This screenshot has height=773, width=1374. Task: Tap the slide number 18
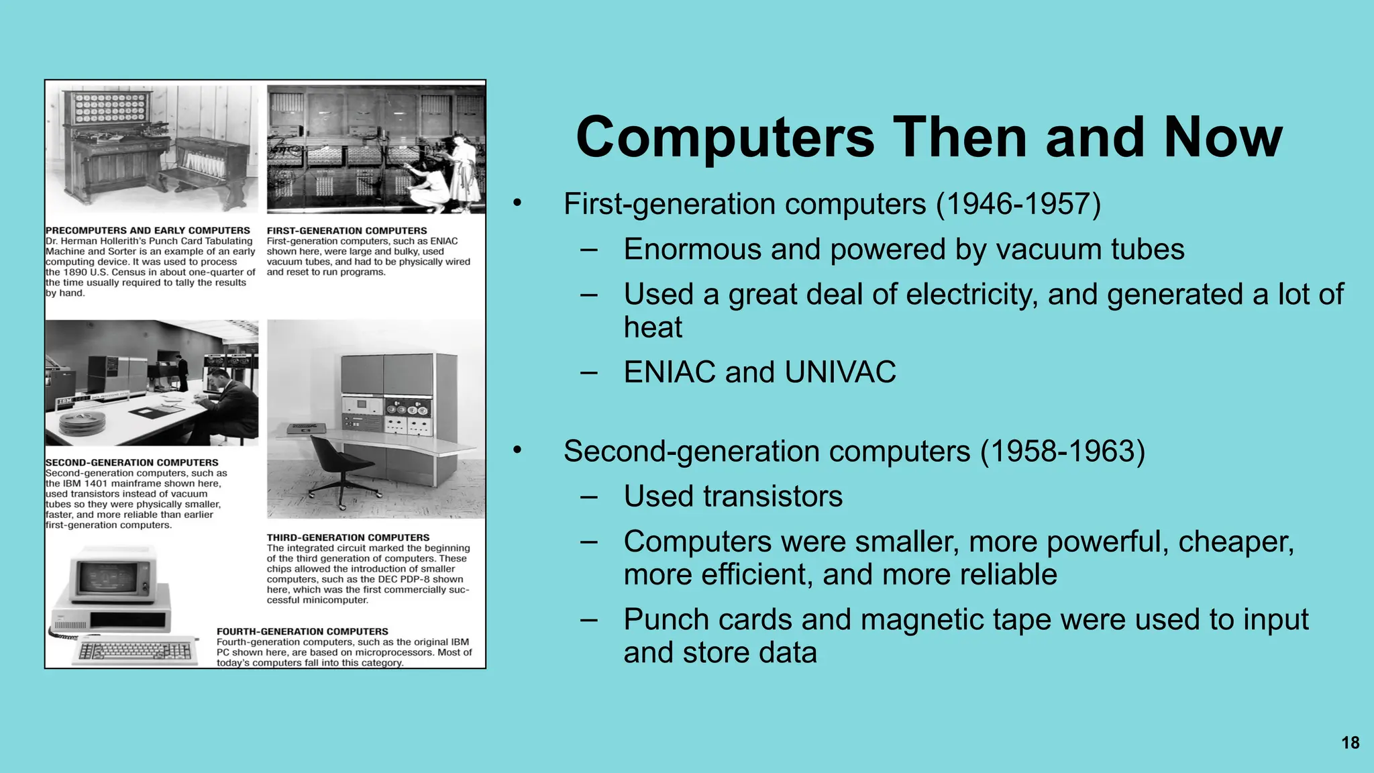point(1350,743)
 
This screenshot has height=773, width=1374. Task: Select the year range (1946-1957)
point(1018,204)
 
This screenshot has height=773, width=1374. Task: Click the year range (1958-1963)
point(1063,451)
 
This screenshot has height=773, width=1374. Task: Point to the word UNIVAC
point(840,372)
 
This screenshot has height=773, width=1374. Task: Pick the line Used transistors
point(733,497)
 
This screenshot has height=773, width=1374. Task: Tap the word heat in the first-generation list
point(653,327)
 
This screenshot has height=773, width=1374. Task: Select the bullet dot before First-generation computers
point(517,203)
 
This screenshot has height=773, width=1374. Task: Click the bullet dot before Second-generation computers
point(517,450)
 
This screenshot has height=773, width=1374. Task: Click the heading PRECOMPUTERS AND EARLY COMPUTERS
point(148,230)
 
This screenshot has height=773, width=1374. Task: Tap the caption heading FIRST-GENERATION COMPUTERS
point(347,230)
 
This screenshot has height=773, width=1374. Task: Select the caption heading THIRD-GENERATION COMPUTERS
point(348,537)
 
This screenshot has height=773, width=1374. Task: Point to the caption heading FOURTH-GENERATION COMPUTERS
point(302,631)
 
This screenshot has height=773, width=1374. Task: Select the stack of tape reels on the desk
point(83,424)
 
